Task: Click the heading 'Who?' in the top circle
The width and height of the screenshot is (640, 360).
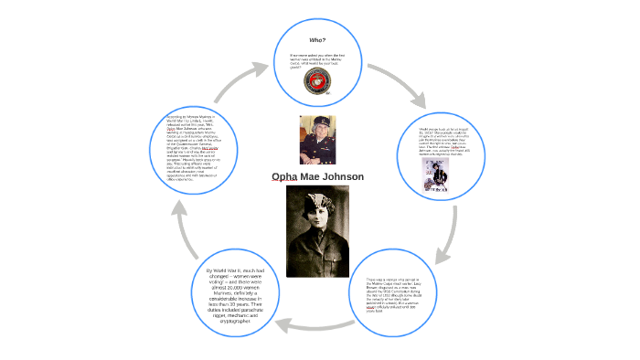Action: [x=318, y=40]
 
